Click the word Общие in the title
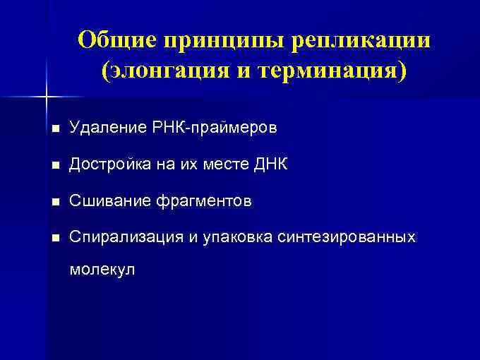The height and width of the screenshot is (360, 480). click(x=116, y=40)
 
